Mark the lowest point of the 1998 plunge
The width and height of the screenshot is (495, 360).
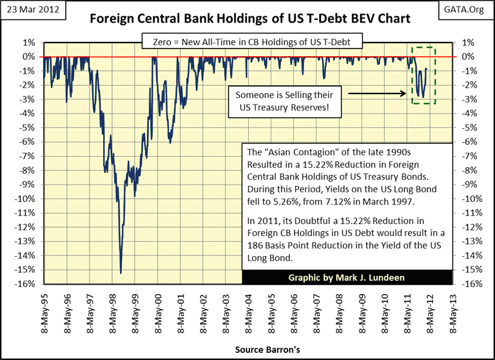[x=121, y=273]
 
